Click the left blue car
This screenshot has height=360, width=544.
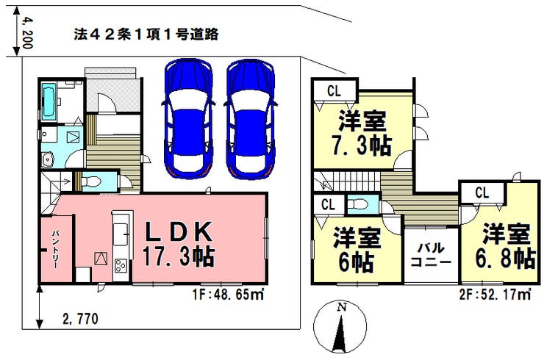187,118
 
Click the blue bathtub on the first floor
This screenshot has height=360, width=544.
49,101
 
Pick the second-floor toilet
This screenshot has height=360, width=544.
359,203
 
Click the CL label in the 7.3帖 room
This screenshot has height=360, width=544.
334,91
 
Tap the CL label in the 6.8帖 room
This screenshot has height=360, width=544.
482,193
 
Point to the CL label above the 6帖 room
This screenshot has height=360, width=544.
329,204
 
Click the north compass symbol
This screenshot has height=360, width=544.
340,328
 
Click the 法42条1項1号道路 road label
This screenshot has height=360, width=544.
146,34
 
